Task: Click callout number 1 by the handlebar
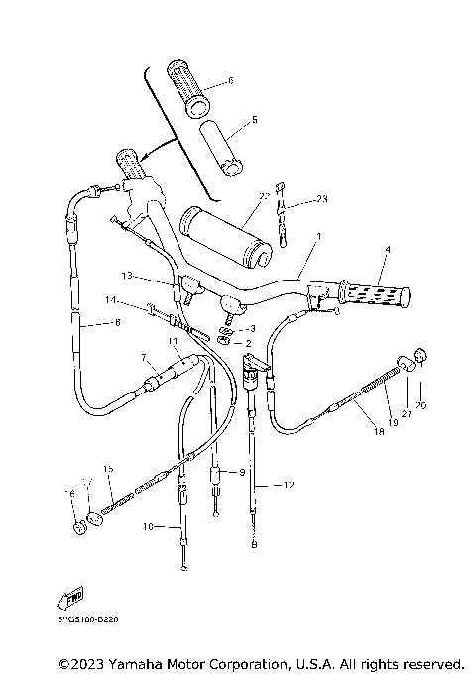point(319,238)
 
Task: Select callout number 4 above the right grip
point(388,249)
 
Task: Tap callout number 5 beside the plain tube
point(254,120)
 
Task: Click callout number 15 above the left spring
point(108,468)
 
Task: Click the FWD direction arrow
point(70,599)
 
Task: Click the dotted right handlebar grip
point(376,293)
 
